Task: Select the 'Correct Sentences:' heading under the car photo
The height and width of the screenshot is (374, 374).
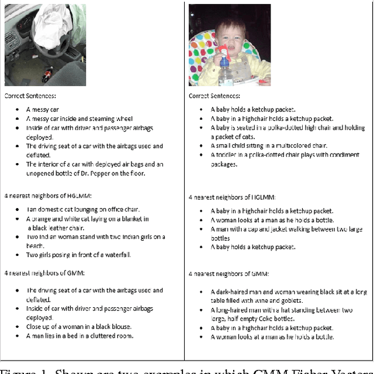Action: click(x=30, y=96)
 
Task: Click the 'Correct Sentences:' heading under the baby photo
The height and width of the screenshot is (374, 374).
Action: click(x=214, y=96)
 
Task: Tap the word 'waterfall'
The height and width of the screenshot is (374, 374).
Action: click(x=116, y=255)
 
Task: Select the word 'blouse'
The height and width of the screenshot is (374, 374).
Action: click(x=119, y=326)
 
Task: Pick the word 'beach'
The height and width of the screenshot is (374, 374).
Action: click(x=34, y=245)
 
